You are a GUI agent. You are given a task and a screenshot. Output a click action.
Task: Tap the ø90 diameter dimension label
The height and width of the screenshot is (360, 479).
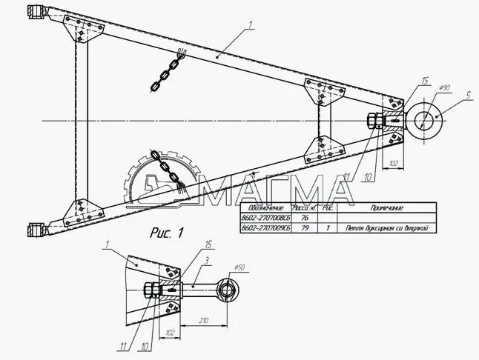[x=445, y=87]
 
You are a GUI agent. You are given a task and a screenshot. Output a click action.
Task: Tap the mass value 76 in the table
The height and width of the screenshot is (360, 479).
[x=303, y=219]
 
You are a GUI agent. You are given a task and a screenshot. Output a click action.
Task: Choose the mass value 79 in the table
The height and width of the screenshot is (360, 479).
[x=303, y=229]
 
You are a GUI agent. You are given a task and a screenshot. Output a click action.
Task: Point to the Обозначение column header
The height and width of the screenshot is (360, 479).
[x=265, y=209]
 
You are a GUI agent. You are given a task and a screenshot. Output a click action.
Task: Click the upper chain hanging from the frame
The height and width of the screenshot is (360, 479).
[x=167, y=71]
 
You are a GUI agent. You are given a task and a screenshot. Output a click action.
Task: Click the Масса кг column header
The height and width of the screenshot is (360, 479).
[x=303, y=209]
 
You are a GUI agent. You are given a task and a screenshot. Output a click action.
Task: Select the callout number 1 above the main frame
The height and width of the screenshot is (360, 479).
[x=251, y=25]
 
